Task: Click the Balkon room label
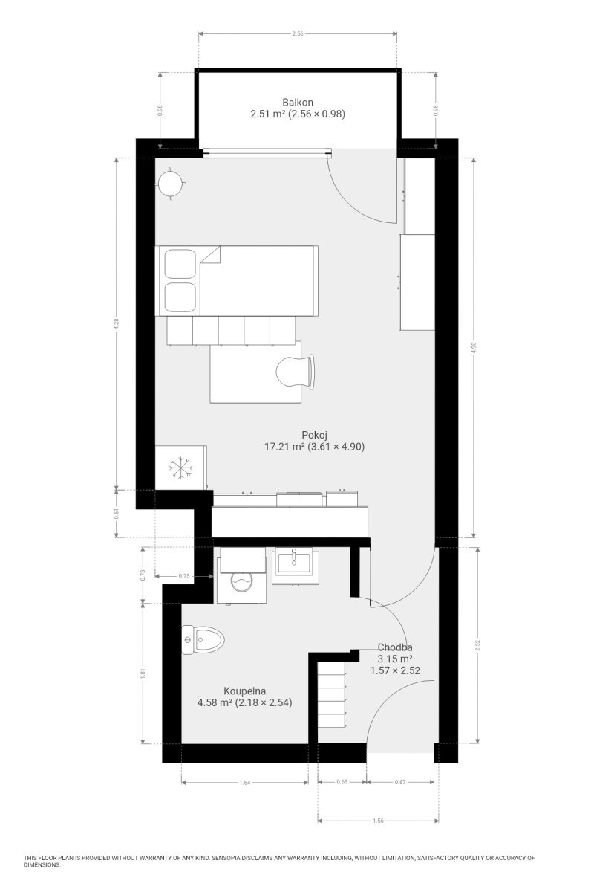click(x=298, y=102)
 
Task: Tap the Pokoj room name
click(x=314, y=434)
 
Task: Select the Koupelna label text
click(x=244, y=691)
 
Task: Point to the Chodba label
click(x=395, y=647)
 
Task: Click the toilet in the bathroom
click(x=203, y=640)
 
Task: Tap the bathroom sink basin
click(x=295, y=563)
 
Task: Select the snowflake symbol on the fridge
click(x=180, y=467)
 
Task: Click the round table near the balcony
click(x=171, y=184)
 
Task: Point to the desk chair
click(x=296, y=371)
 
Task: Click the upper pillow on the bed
click(x=180, y=264)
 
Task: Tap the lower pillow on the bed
click(x=180, y=297)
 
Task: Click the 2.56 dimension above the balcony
click(x=298, y=34)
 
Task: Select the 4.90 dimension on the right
click(x=474, y=348)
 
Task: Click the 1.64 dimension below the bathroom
click(x=245, y=783)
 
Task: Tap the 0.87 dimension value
click(x=400, y=782)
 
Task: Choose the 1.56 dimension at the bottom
click(x=378, y=821)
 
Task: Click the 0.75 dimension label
click(x=184, y=576)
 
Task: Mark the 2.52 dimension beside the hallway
click(x=478, y=645)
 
